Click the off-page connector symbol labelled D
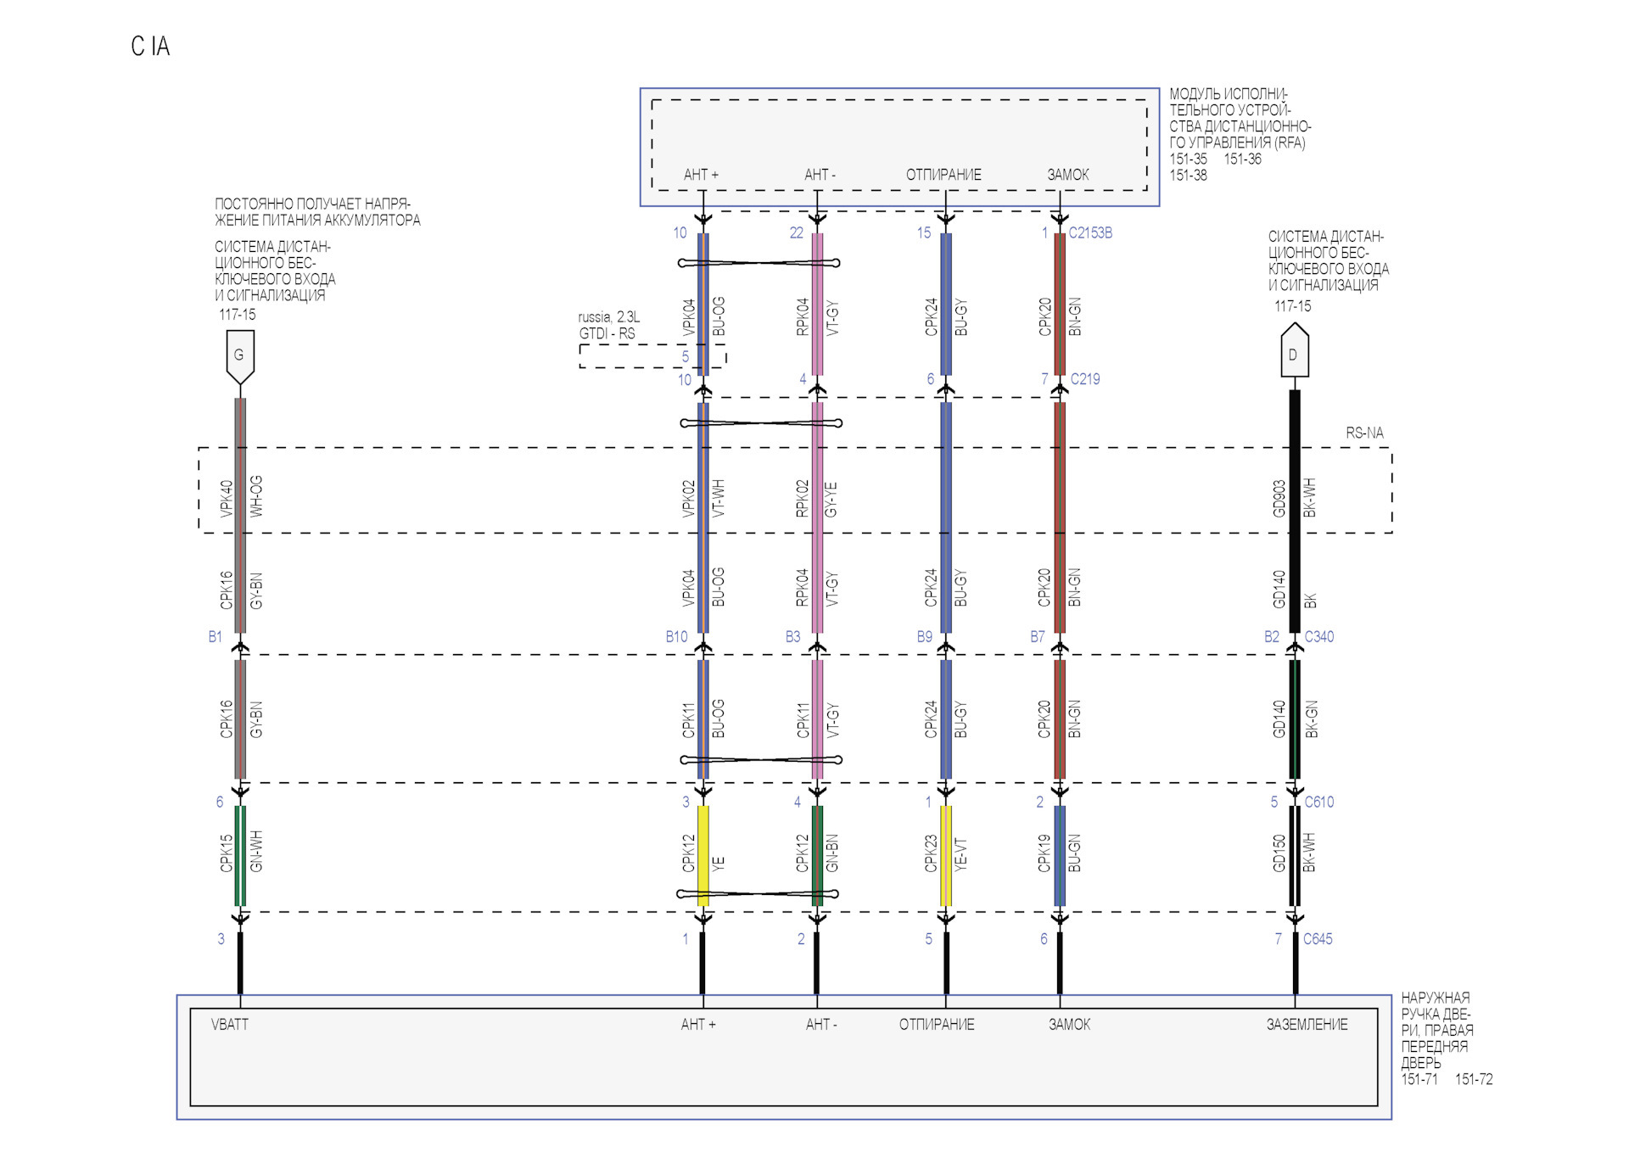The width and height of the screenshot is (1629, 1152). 1294,351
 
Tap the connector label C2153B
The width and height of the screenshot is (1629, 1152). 1090,233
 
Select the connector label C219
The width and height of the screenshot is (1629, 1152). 1085,379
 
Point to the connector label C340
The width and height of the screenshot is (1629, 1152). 1318,637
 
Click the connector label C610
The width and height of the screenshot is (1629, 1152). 1318,802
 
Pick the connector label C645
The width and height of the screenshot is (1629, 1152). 1318,939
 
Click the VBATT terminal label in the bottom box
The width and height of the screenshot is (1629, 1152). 230,1025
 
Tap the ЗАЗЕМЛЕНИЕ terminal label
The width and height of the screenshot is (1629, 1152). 1307,1025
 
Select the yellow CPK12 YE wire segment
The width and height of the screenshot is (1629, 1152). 703,855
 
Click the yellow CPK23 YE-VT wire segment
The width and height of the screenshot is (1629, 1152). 946,855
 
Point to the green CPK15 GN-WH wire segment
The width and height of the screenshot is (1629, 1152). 240,855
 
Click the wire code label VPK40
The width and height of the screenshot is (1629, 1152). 227,499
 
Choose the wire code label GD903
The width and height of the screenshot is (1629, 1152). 1279,499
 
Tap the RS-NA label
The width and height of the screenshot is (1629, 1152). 1364,433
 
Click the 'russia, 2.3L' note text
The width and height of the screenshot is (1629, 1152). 609,317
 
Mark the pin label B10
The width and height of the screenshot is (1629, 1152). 677,637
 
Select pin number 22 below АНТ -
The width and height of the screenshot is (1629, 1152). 797,233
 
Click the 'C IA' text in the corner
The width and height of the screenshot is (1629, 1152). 151,47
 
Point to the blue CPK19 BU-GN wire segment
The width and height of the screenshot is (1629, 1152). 1060,855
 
